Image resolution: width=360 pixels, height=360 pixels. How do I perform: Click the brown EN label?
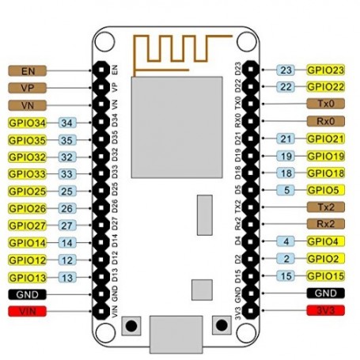pos(28,71)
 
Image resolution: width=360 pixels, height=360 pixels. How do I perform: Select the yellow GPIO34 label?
pos(28,123)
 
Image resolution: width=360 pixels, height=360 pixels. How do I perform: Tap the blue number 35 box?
pos(67,140)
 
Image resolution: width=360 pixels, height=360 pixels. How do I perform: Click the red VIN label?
pos(28,311)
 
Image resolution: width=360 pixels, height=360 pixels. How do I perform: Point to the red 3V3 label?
pos(326,310)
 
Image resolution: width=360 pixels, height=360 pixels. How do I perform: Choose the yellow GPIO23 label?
pos(326,70)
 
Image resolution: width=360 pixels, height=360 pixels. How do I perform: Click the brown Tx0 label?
pos(326,104)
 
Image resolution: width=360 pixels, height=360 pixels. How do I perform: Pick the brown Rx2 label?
pos(326,224)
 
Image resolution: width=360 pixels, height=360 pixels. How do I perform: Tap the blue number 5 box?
pos(286,190)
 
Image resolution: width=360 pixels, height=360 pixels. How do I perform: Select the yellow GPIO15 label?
pos(326,276)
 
